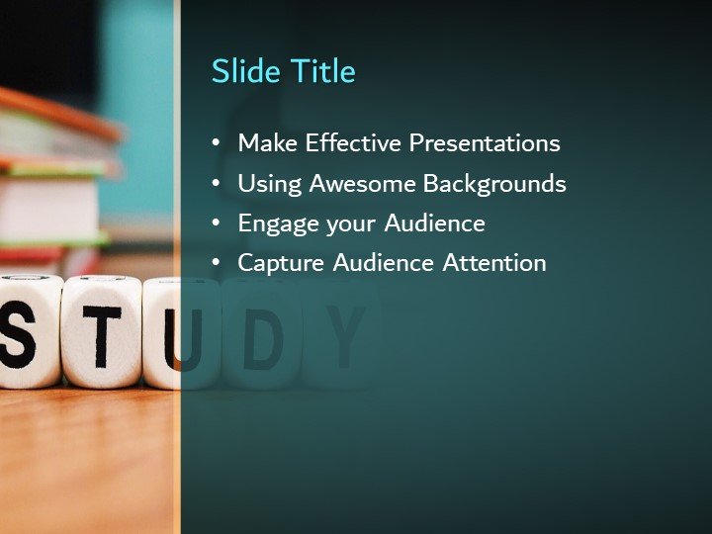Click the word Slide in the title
tap(246, 71)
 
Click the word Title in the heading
tap(322, 71)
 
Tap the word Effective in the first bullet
tap(354, 143)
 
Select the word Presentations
tap(485, 143)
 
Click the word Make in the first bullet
tap(268, 143)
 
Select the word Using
tap(270, 185)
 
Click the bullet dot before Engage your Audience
tap(217, 223)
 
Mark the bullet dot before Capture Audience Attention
tap(217, 263)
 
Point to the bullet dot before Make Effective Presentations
tap(217, 143)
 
